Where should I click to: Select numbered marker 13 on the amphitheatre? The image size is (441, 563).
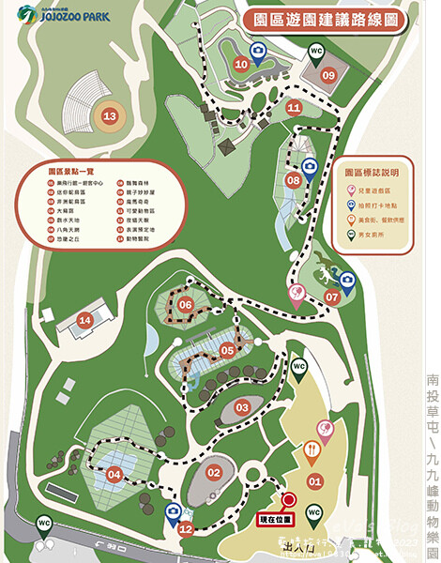click(x=111, y=116)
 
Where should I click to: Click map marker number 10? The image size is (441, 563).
click(x=242, y=64)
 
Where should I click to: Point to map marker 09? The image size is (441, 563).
click(x=328, y=74)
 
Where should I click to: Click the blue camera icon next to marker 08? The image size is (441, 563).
click(x=311, y=166)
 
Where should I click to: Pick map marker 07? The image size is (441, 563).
click(x=331, y=297)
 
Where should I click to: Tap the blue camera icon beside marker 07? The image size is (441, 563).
click(x=346, y=280)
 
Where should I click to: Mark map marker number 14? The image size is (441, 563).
click(x=85, y=321)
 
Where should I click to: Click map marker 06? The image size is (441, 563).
click(x=185, y=304)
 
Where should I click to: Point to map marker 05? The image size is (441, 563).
click(x=226, y=350)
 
